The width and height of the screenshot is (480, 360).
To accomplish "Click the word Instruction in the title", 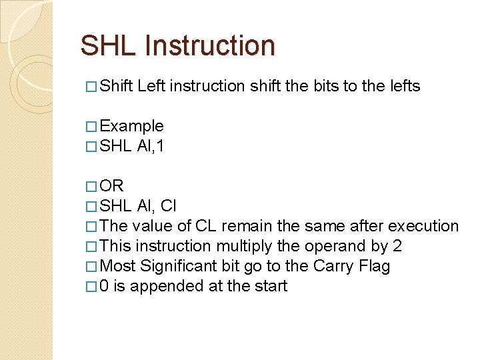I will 209,45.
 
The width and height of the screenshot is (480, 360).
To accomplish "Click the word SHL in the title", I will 109,45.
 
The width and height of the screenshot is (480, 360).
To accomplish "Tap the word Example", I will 131,126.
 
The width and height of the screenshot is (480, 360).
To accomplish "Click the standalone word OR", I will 111,185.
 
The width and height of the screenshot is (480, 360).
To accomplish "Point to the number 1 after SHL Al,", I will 161,146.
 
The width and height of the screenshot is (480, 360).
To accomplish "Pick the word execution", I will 423,226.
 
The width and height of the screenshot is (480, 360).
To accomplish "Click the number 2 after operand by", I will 397,246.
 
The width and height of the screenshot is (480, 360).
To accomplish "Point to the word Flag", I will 372,266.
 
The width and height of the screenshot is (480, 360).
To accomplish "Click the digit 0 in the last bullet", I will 104,286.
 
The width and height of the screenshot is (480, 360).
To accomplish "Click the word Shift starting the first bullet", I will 116,86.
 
